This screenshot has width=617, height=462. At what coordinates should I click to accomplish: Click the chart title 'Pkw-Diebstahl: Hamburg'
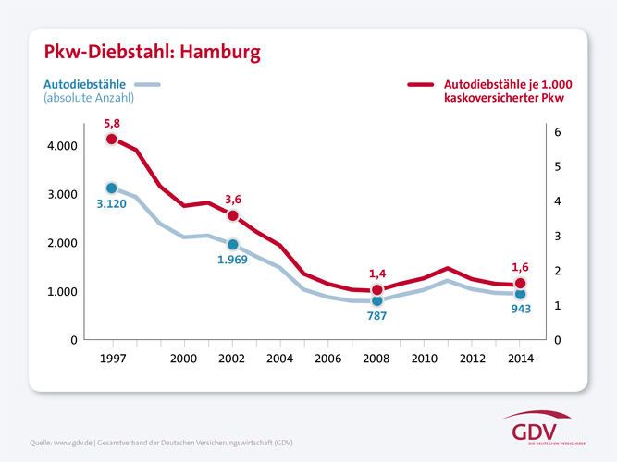[140, 50]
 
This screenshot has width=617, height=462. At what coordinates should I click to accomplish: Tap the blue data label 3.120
[112, 205]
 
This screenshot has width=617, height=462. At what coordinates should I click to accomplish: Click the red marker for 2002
[232, 215]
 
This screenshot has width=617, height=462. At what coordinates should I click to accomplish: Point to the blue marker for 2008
[376, 300]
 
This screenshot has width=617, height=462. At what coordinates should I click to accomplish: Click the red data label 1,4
[377, 274]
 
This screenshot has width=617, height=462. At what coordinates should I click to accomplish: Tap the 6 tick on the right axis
[556, 132]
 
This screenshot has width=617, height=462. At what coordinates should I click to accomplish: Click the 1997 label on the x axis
[112, 358]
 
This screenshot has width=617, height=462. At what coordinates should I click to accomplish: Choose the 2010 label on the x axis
[425, 358]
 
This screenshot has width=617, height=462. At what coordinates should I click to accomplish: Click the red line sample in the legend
[421, 85]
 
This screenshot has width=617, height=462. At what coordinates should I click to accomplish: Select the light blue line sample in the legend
[148, 85]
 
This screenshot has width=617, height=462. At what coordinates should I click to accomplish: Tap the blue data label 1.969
[233, 261]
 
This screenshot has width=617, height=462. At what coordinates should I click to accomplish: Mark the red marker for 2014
[520, 284]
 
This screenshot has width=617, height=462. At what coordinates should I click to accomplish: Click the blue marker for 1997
[112, 188]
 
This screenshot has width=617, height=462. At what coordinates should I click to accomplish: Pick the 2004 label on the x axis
[280, 358]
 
